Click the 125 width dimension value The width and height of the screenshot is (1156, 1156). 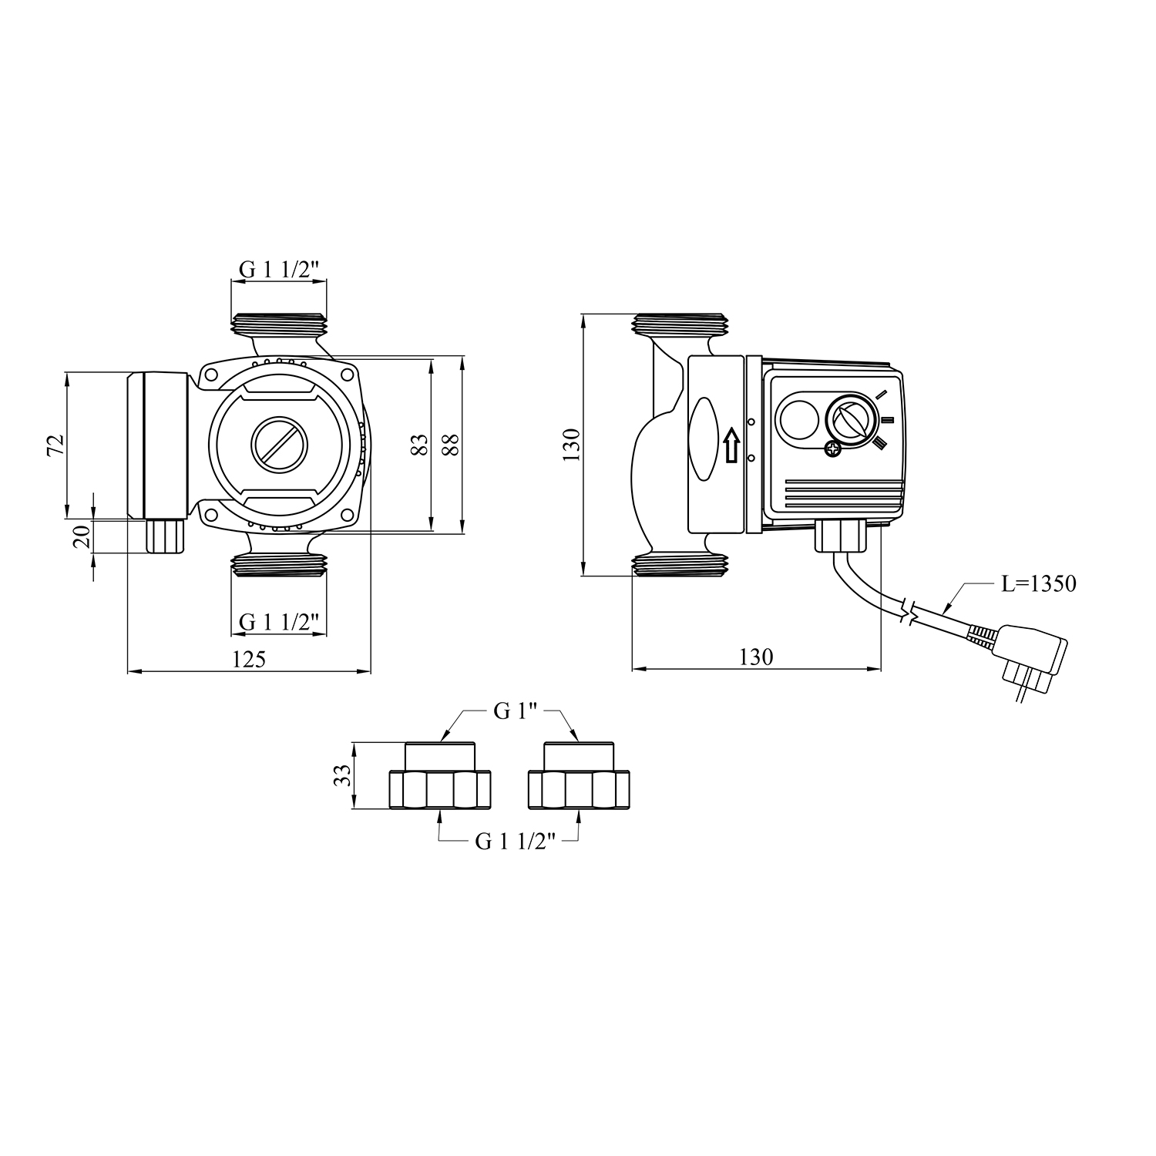(x=248, y=659)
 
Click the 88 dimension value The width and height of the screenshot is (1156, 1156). (x=451, y=445)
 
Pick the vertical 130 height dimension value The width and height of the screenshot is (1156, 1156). (x=571, y=445)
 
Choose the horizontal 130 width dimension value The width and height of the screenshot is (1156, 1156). (x=755, y=657)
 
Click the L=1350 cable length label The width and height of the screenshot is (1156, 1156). (x=1038, y=583)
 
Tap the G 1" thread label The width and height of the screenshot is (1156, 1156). (x=514, y=711)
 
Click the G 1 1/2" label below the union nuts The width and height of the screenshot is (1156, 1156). (x=515, y=842)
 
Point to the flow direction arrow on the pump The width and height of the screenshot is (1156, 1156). (x=731, y=445)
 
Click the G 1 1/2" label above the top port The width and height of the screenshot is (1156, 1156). (x=278, y=270)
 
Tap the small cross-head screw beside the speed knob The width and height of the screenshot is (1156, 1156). (x=833, y=449)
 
